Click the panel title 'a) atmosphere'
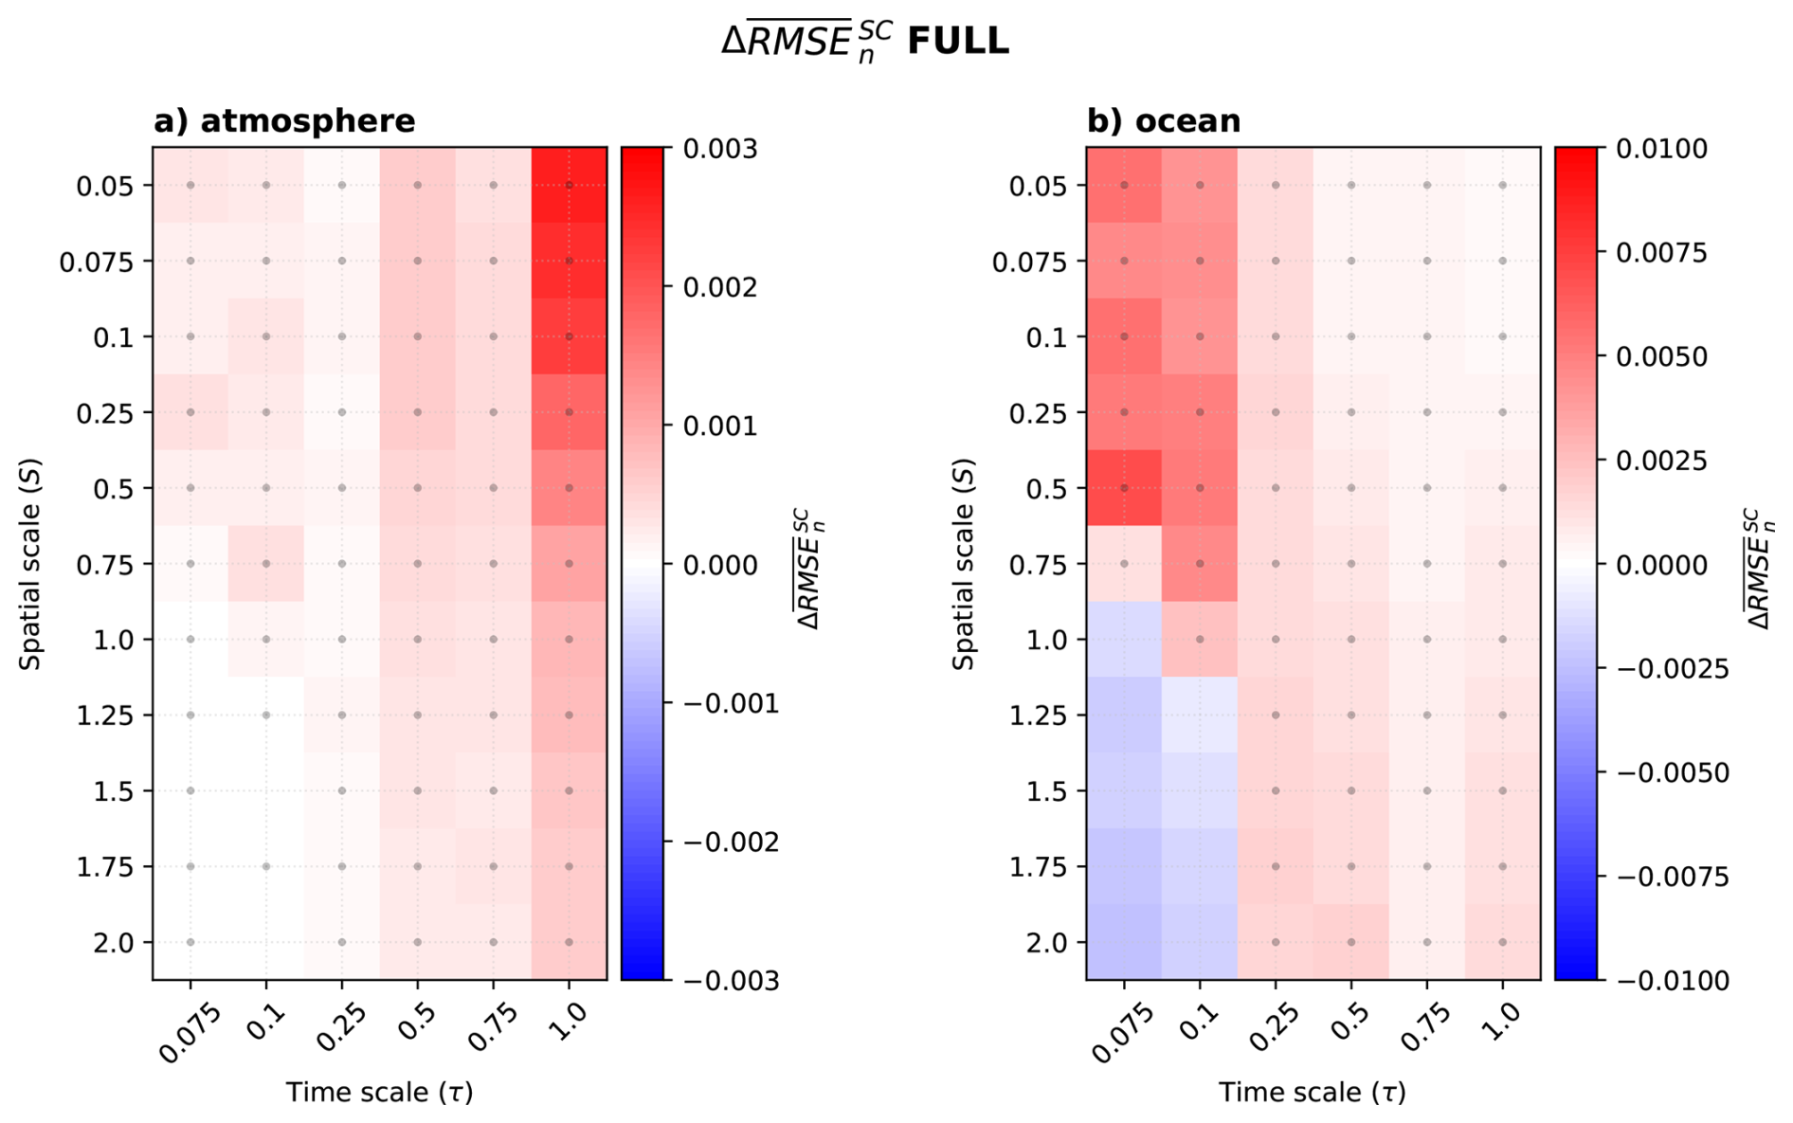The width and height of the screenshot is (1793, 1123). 284,121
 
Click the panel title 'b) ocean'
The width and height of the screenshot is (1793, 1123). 1163,121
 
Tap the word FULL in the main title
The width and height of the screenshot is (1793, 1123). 958,42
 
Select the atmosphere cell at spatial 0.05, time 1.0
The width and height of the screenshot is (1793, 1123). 569,185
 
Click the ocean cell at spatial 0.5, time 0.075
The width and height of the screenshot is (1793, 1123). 1124,488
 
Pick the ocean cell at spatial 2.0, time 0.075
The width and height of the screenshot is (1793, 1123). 1124,942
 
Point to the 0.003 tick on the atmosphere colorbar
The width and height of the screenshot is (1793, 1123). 719,149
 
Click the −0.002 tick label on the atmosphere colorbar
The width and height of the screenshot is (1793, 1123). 730,842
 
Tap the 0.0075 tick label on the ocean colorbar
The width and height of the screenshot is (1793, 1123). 1660,253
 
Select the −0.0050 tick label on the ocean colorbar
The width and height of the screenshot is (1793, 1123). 1672,772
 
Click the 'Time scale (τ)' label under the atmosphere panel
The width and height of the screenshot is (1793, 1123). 379,1093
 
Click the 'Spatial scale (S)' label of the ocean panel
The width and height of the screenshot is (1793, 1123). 964,564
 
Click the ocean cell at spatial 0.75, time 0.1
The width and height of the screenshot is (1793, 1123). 1200,564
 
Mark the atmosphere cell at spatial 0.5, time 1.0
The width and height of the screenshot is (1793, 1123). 569,488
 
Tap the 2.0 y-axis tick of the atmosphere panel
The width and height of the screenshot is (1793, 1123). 113,942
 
